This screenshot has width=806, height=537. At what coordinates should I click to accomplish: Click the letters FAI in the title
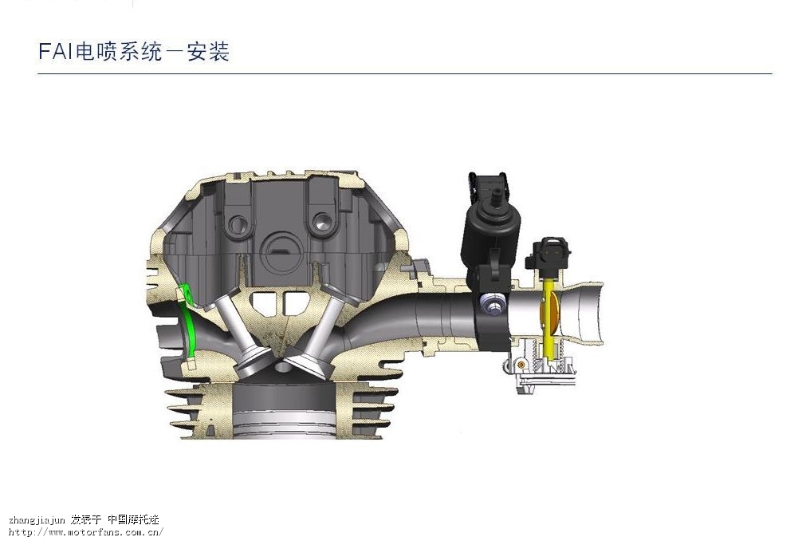coord(56,51)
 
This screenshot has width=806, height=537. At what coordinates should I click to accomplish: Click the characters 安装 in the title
coord(208,51)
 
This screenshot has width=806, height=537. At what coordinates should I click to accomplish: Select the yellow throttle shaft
coord(549,319)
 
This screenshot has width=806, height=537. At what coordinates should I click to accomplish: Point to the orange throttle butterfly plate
coord(549,313)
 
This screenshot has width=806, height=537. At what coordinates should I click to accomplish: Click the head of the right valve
coord(308,361)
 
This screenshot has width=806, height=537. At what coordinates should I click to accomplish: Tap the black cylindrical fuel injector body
coord(492,231)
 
